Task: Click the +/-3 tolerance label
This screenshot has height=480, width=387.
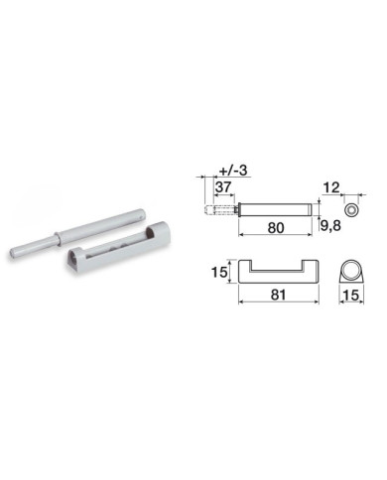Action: (233, 171)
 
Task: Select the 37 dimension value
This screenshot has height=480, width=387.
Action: (223, 187)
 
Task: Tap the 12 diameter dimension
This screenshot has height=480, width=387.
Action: (331, 187)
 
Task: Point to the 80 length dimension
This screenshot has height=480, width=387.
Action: (276, 228)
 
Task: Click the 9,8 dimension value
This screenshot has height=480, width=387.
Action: (330, 226)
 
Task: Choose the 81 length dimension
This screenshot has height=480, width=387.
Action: (278, 295)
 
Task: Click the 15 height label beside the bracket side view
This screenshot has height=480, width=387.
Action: (219, 272)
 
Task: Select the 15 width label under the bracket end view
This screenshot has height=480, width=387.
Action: (351, 295)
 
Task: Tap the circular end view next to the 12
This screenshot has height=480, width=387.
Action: (351, 210)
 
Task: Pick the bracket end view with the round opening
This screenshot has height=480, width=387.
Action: (351, 272)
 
